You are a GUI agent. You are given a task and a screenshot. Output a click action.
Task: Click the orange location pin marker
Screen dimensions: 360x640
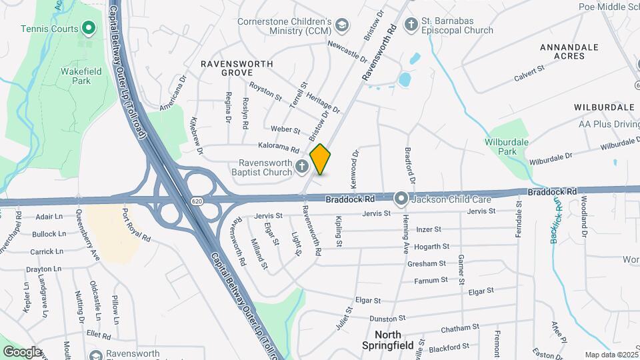(321, 159)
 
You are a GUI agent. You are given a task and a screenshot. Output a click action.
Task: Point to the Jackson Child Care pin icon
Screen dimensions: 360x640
(401, 199)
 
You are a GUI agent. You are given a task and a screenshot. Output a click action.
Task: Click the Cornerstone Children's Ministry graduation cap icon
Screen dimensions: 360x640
(342, 24)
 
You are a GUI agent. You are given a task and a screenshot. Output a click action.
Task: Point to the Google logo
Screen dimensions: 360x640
(22, 351)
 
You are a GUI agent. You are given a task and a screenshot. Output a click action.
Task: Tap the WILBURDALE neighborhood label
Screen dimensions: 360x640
(604, 107)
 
